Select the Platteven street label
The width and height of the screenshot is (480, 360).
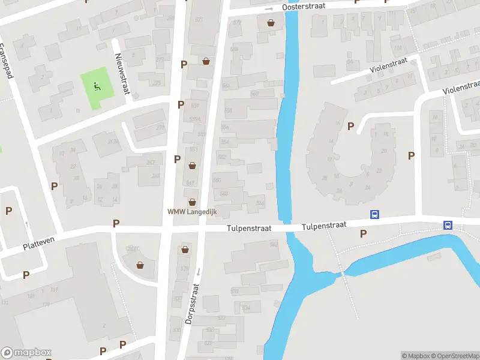click(39, 244)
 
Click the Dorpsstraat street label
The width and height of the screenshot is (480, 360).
click(192, 304)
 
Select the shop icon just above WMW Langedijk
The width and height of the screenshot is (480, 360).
click(193, 202)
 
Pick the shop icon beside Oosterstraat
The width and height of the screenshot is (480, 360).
click(271, 23)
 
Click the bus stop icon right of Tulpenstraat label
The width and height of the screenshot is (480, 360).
click(375, 215)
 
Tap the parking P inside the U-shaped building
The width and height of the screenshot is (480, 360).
click(351, 126)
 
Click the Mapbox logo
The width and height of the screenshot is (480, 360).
click(27, 352)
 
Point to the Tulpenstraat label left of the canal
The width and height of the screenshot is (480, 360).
click(249, 229)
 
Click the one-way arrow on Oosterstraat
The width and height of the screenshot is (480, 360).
click(269, 9)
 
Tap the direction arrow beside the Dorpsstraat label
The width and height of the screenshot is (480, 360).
click(197, 271)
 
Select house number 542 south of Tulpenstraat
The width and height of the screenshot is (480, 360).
click(274, 244)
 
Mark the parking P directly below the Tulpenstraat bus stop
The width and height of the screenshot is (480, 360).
click(363, 233)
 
